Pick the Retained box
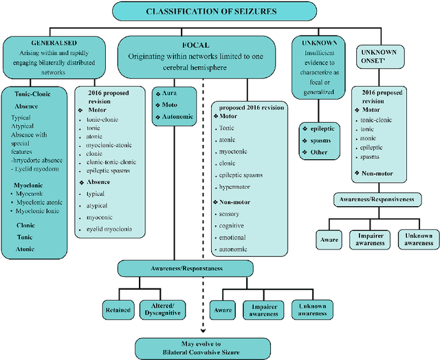point(119,311)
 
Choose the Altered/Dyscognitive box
point(164,311)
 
